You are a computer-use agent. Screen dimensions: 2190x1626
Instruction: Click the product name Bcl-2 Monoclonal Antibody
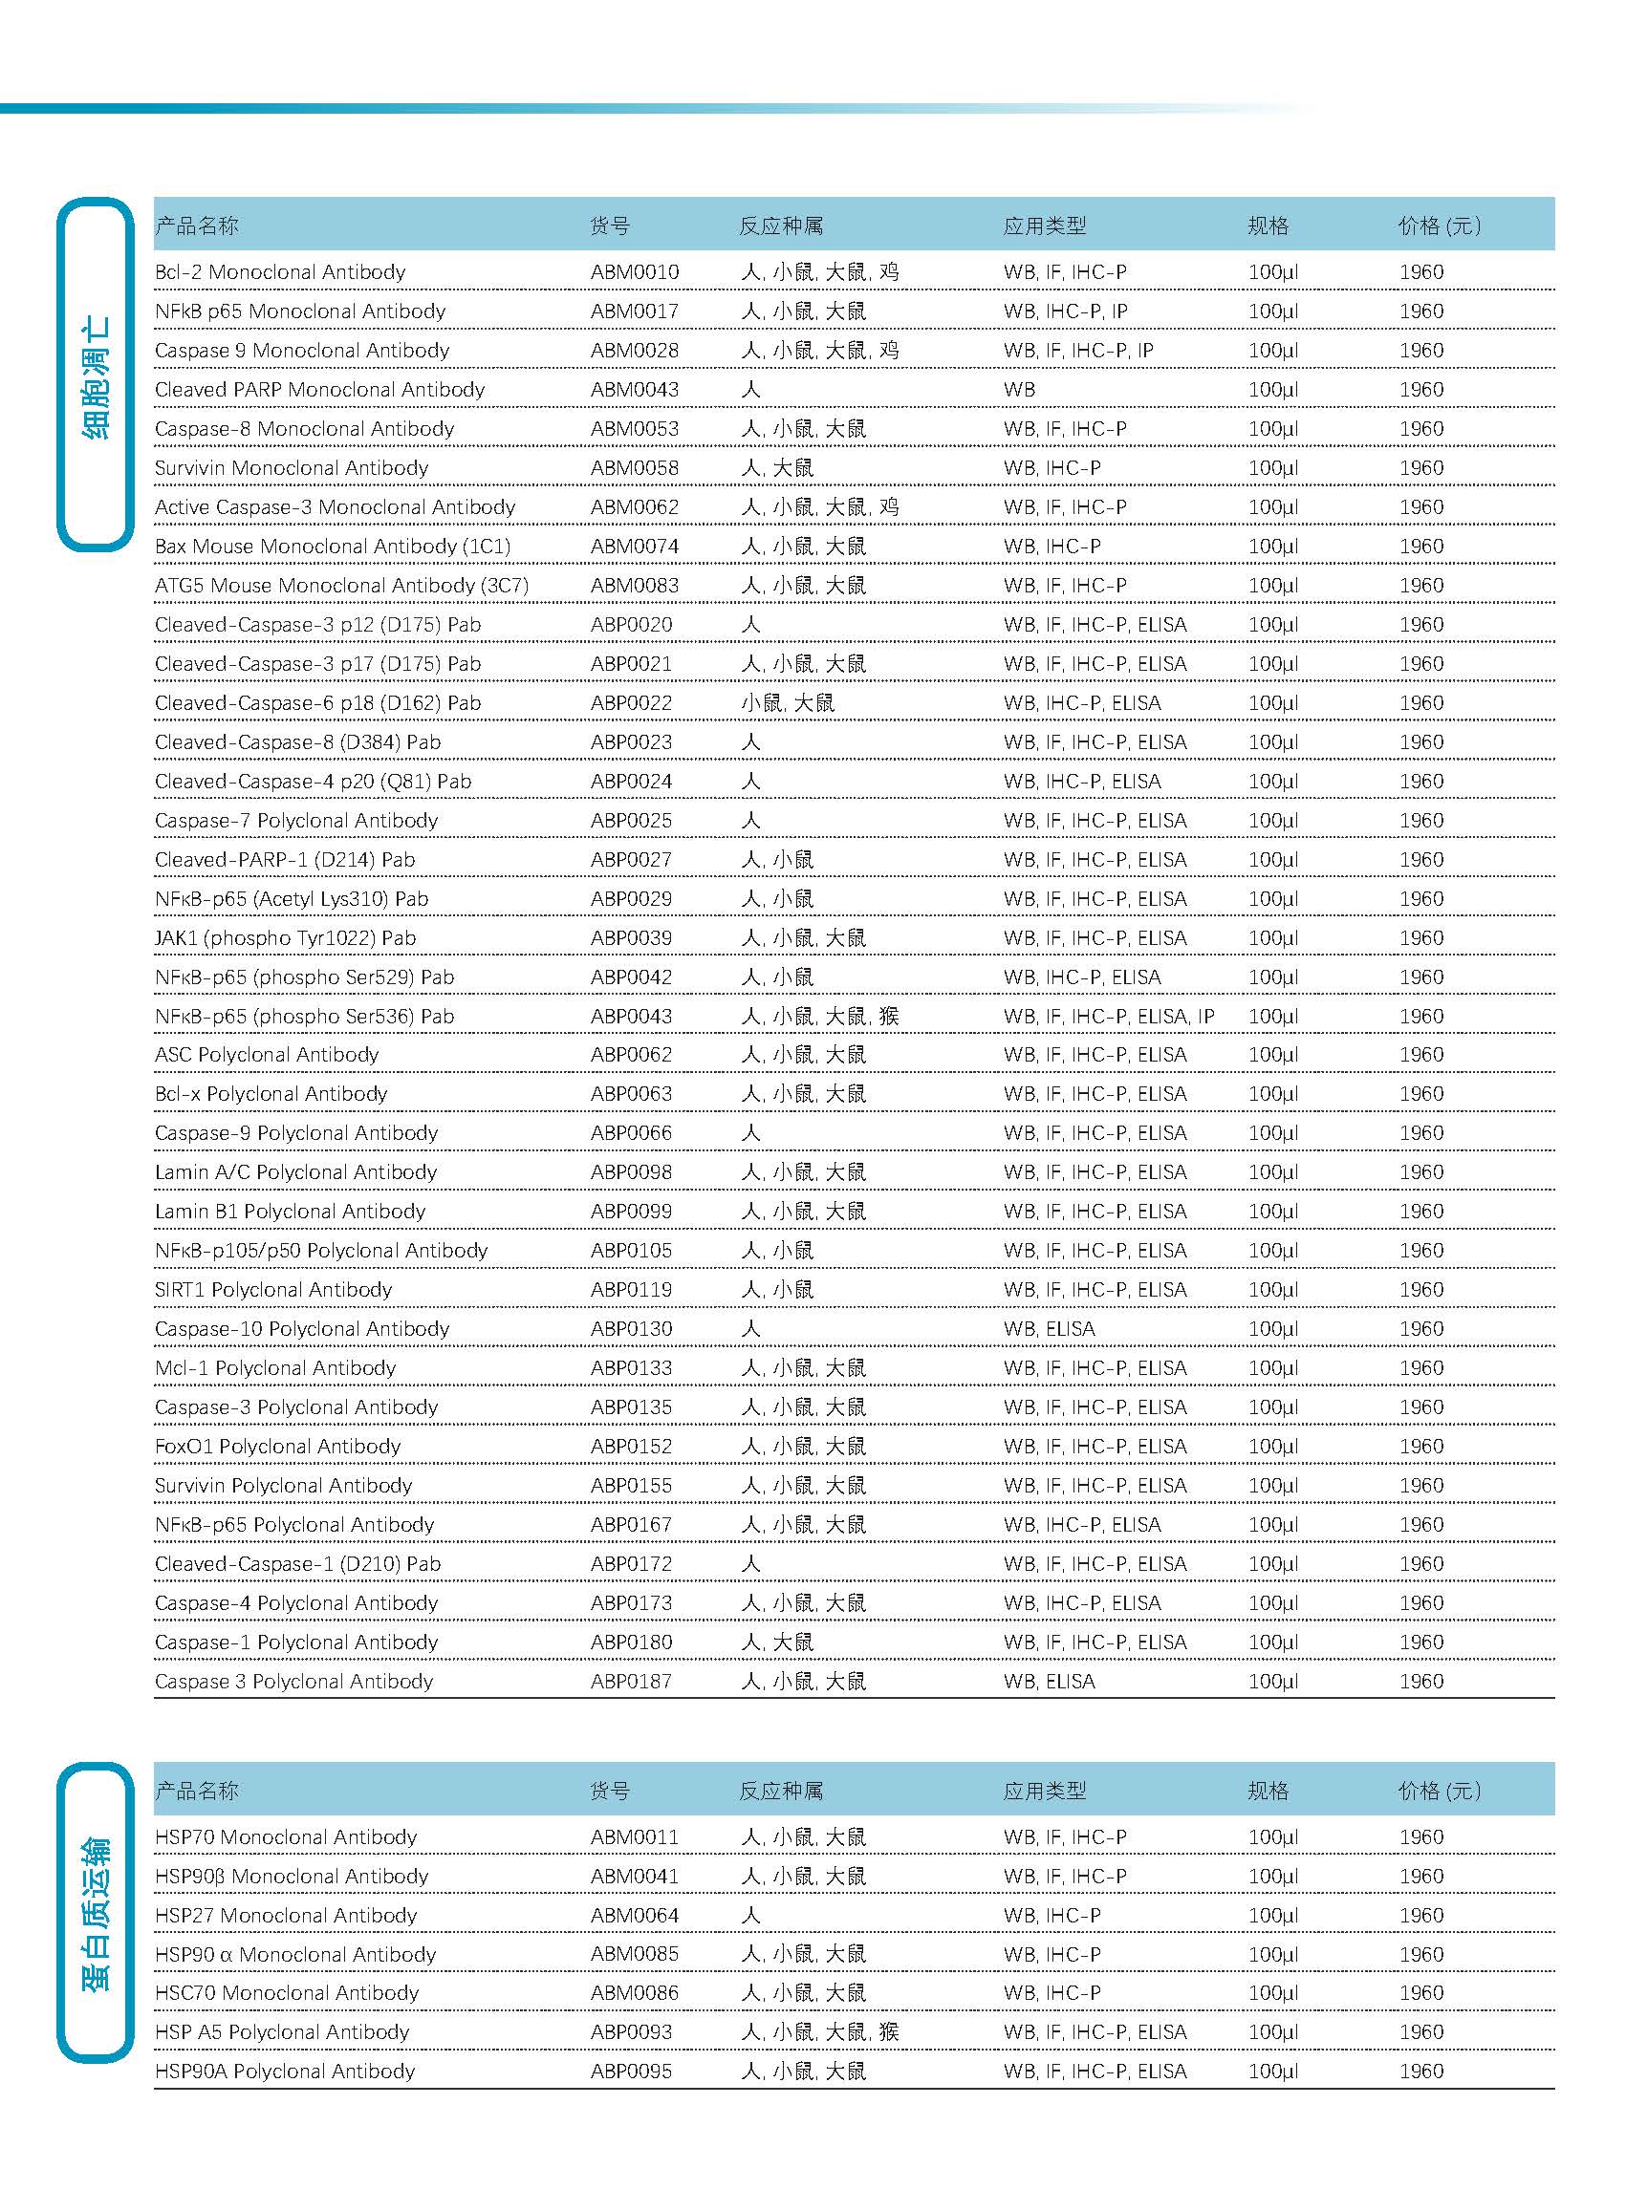pyautogui.click(x=279, y=272)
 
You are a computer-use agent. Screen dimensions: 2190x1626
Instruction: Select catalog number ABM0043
pyautogui.click(x=634, y=390)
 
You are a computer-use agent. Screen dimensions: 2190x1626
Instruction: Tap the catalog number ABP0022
pyautogui.click(x=631, y=703)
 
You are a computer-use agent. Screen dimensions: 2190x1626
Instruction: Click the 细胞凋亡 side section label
pyautogui.click(x=96, y=376)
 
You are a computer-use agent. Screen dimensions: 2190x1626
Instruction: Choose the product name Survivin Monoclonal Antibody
pyautogui.click(x=292, y=468)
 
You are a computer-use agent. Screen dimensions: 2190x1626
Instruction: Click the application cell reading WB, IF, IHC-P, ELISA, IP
pyautogui.click(x=1108, y=1017)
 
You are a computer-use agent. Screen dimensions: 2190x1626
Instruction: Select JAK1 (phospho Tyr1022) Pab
pyautogui.click(x=286, y=938)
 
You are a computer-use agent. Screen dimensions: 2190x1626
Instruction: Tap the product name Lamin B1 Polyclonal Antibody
pyautogui.click(x=290, y=1211)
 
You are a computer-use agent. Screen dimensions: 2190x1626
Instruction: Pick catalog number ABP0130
pyautogui.click(x=631, y=1329)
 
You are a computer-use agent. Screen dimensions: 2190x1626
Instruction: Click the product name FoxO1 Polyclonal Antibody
pyautogui.click(x=277, y=1447)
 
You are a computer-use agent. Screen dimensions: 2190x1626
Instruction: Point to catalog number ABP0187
pyautogui.click(x=631, y=1682)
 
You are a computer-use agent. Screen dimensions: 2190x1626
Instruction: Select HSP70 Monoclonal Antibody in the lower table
pyautogui.click(x=286, y=1836)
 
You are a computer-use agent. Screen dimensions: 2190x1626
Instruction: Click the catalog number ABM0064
pyautogui.click(x=634, y=1916)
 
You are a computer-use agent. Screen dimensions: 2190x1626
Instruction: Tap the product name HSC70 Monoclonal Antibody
pyautogui.click(x=287, y=1993)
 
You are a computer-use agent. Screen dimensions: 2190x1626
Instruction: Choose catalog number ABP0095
pyautogui.click(x=631, y=2071)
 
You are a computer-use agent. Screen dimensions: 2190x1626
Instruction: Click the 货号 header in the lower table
pyautogui.click(x=610, y=1791)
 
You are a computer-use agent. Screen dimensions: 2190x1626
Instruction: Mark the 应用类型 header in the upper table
pyautogui.click(x=1044, y=226)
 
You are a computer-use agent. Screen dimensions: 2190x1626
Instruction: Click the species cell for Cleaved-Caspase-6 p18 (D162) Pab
pyautogui.click(x=788, y=703)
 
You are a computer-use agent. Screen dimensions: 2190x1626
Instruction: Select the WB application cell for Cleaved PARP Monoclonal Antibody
pyautogui.click(x=1019, y=390)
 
